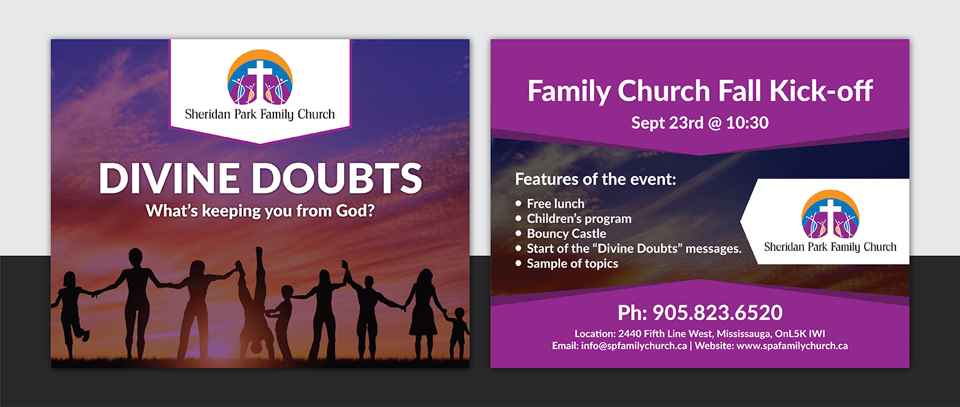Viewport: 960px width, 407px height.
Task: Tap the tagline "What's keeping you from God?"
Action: tap(260, 210)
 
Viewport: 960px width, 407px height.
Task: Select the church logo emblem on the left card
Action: tap(260, 77)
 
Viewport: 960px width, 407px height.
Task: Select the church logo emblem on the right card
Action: tap(830, 214)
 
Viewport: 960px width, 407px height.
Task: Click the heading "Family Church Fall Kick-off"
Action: tap(700, 91)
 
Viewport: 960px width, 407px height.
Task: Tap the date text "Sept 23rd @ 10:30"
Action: tap(700, 122)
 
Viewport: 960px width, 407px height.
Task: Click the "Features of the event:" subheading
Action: tap(595, 179)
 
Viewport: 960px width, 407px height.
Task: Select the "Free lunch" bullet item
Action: tap(555, 203)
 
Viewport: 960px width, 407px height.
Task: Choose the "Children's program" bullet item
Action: tap(579, 218)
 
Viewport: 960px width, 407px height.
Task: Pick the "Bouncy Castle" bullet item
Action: tap(566, 234)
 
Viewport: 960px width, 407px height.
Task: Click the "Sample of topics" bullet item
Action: tap(572, 263)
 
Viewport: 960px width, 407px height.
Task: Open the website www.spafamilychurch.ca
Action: tap(792, 346)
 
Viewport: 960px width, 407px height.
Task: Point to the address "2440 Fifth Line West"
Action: tap(665, 333)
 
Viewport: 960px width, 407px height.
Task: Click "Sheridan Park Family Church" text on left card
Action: tap(260, 115)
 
